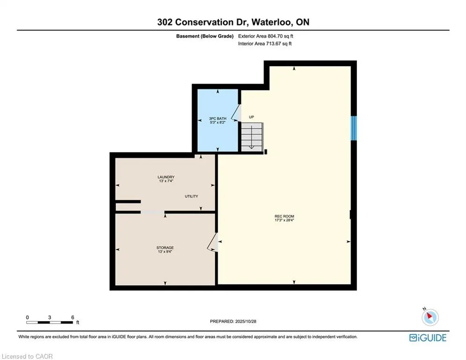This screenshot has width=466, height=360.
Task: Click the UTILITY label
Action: click(191, 196)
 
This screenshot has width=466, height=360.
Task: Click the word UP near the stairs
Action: click(251, 117)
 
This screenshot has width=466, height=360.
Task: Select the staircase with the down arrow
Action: click(252, 136)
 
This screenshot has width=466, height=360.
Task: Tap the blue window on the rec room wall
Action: click(354, 127)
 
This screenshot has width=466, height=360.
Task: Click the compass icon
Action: click(429, 317)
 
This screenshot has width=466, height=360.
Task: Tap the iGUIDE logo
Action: click(428, 337)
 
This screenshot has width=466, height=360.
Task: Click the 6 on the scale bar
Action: click(72, 317)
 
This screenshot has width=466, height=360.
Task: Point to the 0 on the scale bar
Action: click(28, 317)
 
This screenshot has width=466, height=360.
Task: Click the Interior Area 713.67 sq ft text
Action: click(265, 44)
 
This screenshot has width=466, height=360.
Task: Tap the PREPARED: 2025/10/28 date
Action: click(233, 321)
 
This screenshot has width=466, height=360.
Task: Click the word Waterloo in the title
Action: click(269, 22)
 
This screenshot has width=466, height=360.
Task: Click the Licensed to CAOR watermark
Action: click(27, 356)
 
